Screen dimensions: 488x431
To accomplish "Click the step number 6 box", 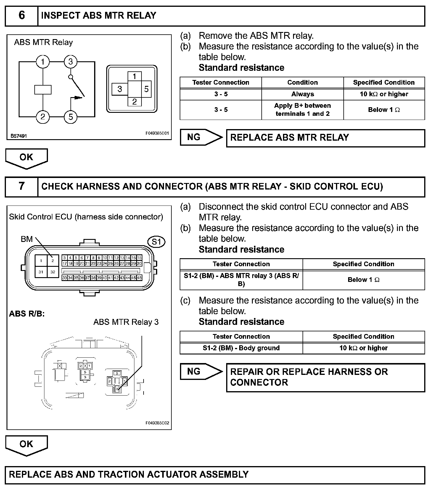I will (x=22, y=16).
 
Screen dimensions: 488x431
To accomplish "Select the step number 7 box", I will (x=22, y=186).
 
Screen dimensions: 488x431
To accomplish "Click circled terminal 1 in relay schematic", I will (x=43, y=62).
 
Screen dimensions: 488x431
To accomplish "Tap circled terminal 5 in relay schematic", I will (x=70, y=117).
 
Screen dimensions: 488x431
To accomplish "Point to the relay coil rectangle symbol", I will (x=43, y=89).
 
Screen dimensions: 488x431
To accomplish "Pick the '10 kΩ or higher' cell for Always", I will (x=384, y=94).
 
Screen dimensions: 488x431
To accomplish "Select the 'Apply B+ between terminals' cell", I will (x=302, y=110).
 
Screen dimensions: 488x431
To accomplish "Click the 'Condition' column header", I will (x=302, y=82).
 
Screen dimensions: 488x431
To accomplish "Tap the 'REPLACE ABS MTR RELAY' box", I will (x=325, y=138).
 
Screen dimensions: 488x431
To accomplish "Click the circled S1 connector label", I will (x=156, y=242).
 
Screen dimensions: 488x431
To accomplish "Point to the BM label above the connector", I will (x=27, y=239).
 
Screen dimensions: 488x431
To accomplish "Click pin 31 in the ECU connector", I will (x=41, y=272).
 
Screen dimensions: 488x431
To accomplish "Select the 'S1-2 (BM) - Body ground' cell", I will (x=241, y=348).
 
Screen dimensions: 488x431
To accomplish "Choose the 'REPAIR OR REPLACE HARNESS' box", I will (x=325, y=377).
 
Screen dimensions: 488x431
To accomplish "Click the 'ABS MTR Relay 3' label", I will (x=126, y=322).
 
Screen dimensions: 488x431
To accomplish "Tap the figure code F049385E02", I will (x=157, y=423).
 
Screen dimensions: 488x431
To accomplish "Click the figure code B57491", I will (x=19, y=136).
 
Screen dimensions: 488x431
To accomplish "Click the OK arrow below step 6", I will (x=26, y=158).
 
